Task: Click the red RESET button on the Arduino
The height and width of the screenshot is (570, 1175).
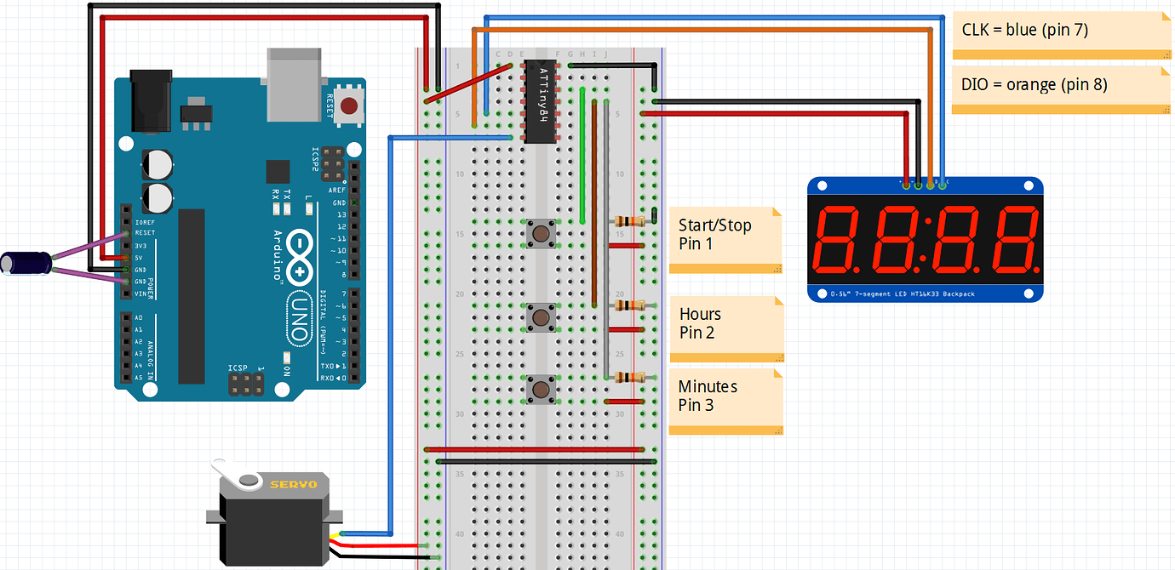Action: pos(348,106)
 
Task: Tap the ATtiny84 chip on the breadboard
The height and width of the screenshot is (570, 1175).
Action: pos(541,101)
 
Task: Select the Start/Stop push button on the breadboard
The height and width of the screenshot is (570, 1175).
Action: pos(540,232)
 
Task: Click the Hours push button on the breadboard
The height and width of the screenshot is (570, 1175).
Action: pos(540,317)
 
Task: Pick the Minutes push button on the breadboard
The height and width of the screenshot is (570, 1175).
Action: pos(540,390)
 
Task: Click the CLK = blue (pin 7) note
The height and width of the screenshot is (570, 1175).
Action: pos(1056,34)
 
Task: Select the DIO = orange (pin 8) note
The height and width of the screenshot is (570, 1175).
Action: pos(1056,88)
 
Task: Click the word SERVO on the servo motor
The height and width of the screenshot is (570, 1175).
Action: pos(293,484)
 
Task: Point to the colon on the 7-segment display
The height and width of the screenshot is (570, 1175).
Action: pos(926,242)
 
